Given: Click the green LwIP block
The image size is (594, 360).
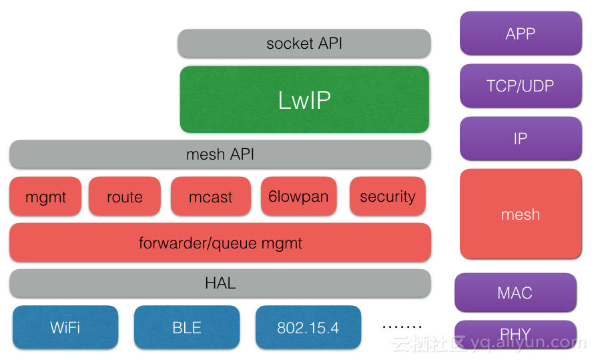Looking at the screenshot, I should point(304,100).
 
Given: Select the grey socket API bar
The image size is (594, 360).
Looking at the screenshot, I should point(304,43).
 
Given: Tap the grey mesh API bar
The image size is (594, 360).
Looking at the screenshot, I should point(220,154).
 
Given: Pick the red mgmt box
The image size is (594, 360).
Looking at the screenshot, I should point(45,196).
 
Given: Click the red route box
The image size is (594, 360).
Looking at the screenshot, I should point(125,196).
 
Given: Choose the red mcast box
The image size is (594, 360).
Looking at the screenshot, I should point(211,196).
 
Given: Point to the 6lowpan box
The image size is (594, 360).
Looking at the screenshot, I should point(298,196).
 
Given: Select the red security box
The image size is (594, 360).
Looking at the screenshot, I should point(387,196).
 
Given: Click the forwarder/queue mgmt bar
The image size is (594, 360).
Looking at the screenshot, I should point(220,242).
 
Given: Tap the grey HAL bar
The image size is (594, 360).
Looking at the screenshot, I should point(220,283).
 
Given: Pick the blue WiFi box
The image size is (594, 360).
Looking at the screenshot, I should point(65,327).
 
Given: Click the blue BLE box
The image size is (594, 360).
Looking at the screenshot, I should point(187,327).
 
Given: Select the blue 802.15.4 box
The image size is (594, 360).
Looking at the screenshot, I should point(308,327).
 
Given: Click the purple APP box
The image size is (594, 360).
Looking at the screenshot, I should point(521,33).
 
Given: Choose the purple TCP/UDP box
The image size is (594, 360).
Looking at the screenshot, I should point(521,85).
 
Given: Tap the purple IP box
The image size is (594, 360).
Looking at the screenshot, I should point(521,138).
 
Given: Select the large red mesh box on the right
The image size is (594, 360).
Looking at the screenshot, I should point(521,214).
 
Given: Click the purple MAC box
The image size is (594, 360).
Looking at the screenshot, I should point(515,293).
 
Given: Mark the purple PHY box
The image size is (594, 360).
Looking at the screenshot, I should point(515,333).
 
